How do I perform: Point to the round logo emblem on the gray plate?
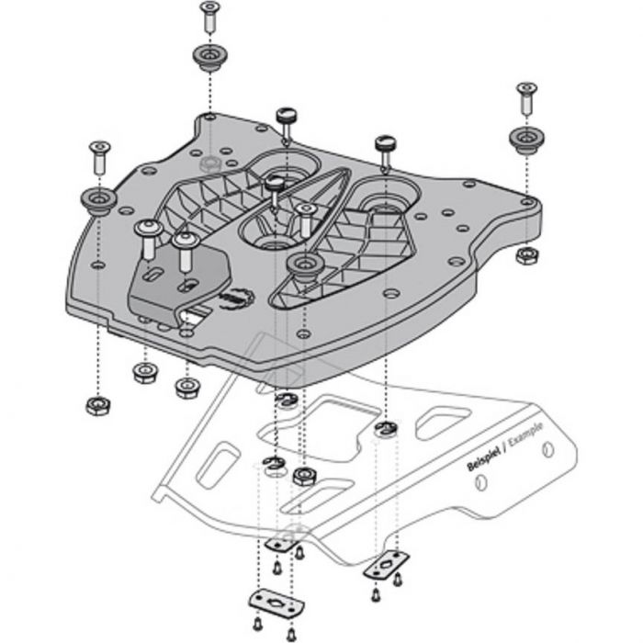click(x=237, y=298)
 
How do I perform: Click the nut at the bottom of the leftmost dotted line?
click(x=98, y=406)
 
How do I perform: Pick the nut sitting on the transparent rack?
click(x=304, y=476)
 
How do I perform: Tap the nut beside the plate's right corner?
click(x=527, y=256)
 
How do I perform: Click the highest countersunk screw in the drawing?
click(x=210, y=17)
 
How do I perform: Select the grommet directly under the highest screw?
click(x=210, y=57)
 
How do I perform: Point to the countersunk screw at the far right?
click(x=526, y=98)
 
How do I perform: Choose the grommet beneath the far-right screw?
click(x=526, y=141)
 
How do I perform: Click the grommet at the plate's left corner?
click(x=98, y=201)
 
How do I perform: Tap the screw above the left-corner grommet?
click(x=99, y=157)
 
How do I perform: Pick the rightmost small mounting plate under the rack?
click(x=386, y=565)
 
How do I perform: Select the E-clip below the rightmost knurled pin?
click(x=386, y=428)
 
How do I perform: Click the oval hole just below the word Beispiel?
click(x=480, y=482)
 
